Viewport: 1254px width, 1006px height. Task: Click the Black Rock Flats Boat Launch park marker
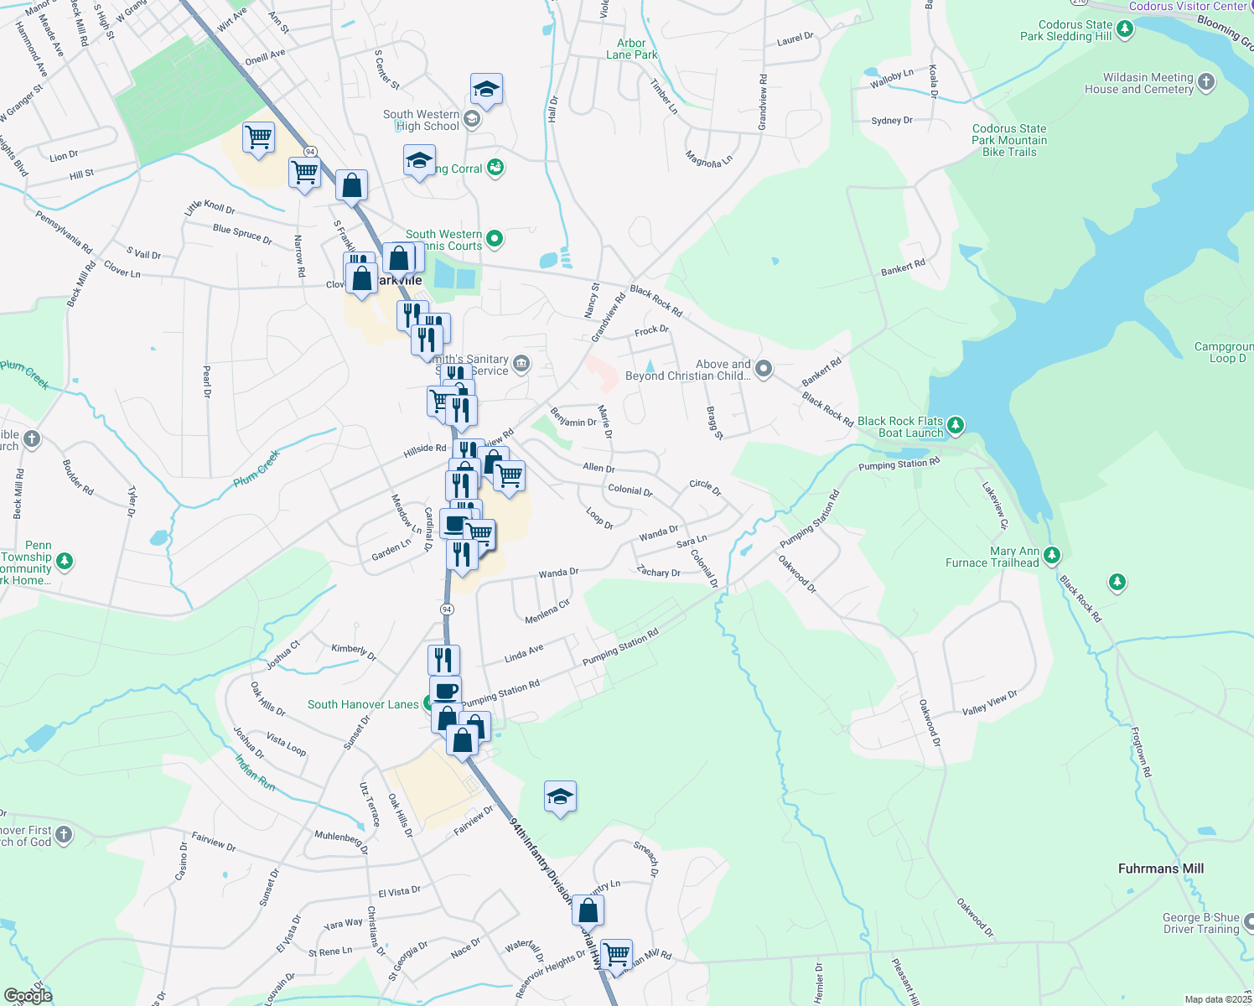click(x=956, y=427)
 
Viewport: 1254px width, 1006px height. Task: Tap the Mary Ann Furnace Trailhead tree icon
click(x=1052, y=556)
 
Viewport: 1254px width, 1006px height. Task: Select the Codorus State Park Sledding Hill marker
click(x=1125, y=30)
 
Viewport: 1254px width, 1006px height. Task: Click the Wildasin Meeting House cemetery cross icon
click(x=1206, y=82)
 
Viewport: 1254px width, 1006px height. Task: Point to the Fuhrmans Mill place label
click(x=1160, y=869)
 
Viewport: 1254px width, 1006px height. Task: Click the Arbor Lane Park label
click(x=631, y=49)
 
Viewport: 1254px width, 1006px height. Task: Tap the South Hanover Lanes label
click(x=362, y=704)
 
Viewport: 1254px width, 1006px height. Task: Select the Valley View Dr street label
click(x=989, y=703)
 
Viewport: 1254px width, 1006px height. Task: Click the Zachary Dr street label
click(x=658, y=572)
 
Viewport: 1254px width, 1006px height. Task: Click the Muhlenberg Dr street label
click(x=341, y=841)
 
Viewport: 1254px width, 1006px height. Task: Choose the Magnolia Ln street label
click(x=708, y=159)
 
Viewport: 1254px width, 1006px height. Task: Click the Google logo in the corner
click(x=28, y=995)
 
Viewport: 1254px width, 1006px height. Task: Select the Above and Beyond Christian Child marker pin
click(x=763, y=369)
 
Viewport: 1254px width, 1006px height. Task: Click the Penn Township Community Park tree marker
click(x=64, y=561)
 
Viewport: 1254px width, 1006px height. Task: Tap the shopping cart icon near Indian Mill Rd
click(x=616, y=954)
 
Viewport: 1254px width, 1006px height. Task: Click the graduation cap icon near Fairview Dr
click(x=560, y=796)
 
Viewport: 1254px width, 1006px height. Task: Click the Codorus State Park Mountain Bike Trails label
click(x=1009, y=140)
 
